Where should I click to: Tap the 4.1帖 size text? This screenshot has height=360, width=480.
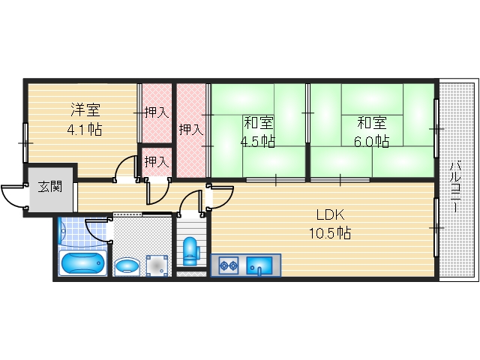[x=84, y=129]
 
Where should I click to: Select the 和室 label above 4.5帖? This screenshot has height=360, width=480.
[x=257, y=122]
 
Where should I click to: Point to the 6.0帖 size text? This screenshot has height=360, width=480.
[x=372, y=140]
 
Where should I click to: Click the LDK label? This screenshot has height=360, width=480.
[x=329, y=214]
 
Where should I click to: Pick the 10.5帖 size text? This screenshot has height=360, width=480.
[x=329, y=232]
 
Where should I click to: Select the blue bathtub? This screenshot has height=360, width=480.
[x=83, y=263]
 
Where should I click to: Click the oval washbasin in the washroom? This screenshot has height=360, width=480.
[x=127, y=265]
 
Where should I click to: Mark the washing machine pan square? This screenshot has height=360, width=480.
[x=157, y=265]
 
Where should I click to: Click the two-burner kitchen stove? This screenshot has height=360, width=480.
[x=229, y=264]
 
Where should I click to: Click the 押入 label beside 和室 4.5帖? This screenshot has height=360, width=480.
[x=190, y=129]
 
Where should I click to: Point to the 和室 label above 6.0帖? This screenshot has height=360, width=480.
[x=372, y=122]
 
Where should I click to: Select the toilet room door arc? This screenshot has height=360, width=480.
[x=190, y=202]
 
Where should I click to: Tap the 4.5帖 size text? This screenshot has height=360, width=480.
[x=257, y=141]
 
